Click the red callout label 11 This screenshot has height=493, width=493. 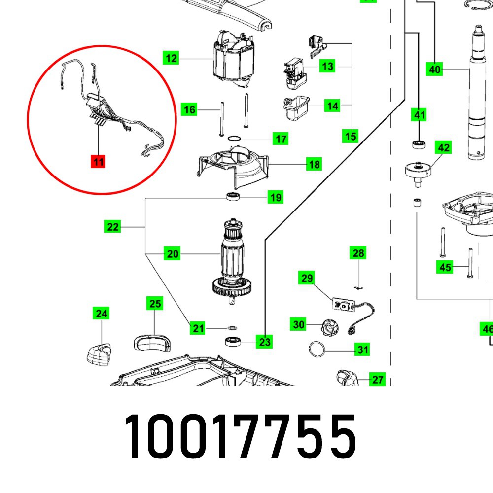(x=98, y=162)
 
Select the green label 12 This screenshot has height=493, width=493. (x=171, y=58)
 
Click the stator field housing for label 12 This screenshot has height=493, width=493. (x=234, y=59)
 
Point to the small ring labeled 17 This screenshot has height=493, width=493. (x=234, y=139)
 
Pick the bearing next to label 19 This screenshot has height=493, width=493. (x=233, y=197)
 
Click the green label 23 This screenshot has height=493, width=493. (x=264, y=342)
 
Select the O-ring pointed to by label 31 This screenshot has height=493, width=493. (x=317, y=350)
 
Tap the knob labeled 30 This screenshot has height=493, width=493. (x=329, y=328)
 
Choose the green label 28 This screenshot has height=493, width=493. (x=358, y=253)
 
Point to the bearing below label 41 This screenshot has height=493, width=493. (x=419, y=144)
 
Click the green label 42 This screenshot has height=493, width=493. (x=443, y=147)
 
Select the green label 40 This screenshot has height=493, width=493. (x=434, y=69)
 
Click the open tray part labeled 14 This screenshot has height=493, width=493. (x=296, y=108)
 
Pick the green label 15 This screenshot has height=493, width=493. (x=350, y=136)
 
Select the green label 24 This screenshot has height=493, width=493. (x=101, y=313)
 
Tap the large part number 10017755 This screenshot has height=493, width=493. (x=241, y=436)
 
